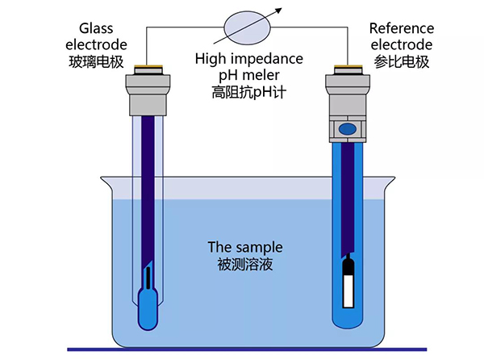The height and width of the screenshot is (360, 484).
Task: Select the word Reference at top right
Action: pos(400,28)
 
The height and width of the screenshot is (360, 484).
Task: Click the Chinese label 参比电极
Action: pos(400,61)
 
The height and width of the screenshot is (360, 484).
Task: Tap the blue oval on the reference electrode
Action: pos(346,128)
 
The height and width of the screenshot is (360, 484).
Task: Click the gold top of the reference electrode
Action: pos(346,69)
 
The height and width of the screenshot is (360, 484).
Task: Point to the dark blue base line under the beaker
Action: pos(242,350)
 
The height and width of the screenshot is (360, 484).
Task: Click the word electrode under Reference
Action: pos(400,44)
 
